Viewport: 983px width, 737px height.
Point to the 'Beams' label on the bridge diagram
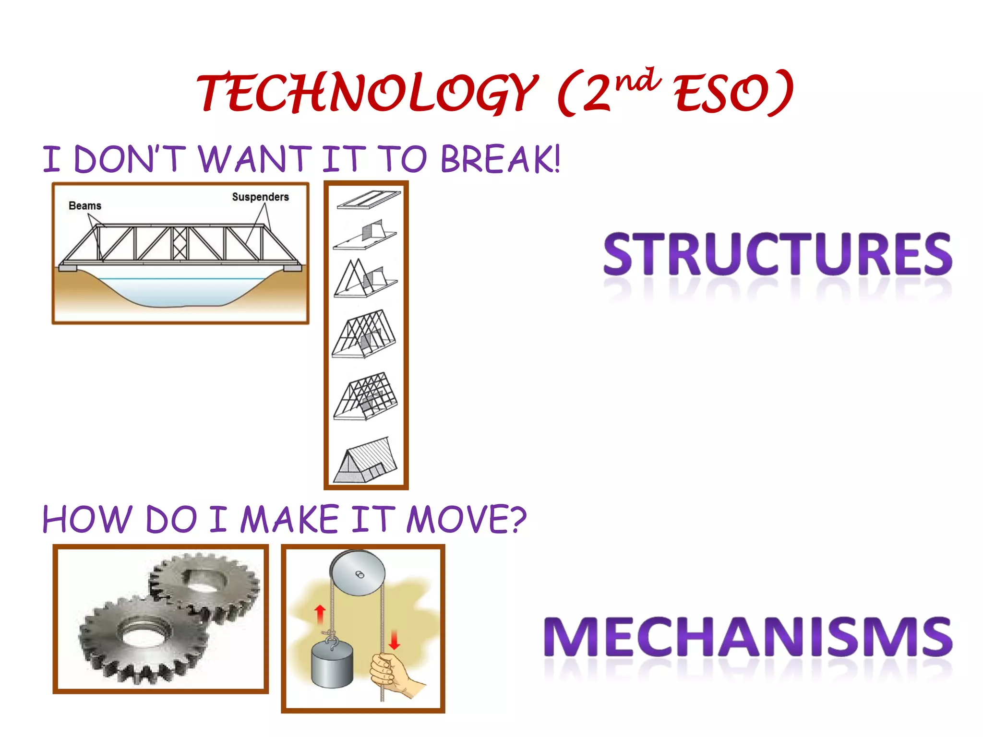coord(85,206)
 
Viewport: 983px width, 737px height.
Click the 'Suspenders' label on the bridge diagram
coord(260,197)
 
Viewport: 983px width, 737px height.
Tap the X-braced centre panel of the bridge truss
coord(180,243)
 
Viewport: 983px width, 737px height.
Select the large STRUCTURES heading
coord(778,254)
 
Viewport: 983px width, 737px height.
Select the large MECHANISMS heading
coord(748,637)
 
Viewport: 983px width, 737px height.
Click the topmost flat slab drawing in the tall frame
coord(368,199)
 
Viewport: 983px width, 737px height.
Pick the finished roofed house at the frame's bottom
coord(366,461)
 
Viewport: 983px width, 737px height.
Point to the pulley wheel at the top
coord(358,573)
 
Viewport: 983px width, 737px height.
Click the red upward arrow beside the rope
coord(320,614)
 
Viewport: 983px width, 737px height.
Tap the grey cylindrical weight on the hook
coord(332,665)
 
